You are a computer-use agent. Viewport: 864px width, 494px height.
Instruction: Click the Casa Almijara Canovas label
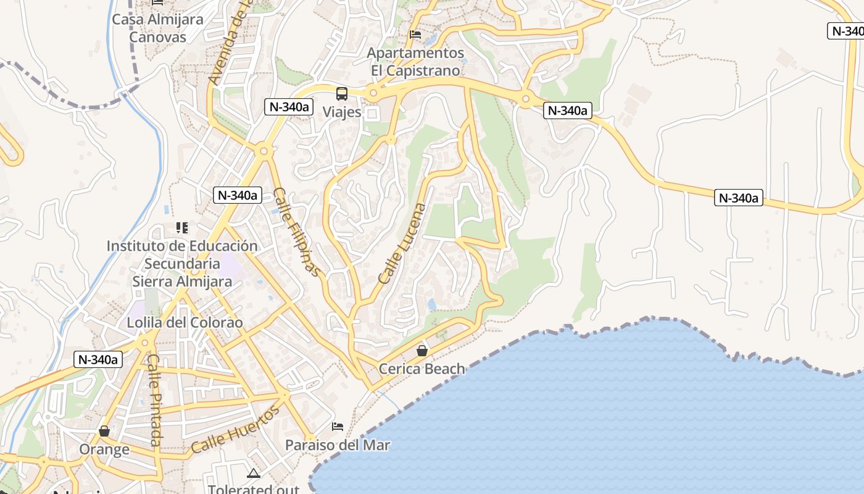[x=157, y=28]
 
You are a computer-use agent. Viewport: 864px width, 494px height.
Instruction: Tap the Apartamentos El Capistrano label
[x=415, y=61]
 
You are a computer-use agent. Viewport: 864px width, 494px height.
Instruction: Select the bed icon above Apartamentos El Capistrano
[x=415, y=34]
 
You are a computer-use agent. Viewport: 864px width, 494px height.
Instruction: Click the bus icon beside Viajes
[x=341, y=94]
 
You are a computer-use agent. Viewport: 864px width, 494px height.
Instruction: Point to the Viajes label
[x=342, y=112]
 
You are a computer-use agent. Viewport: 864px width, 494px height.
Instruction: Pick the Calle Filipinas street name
[x=297, y=232]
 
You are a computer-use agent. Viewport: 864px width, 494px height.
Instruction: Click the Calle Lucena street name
[x=402, y=244]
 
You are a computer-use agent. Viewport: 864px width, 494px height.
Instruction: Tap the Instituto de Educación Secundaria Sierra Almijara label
[x=182, y=264]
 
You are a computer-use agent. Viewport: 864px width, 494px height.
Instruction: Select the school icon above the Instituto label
[x=181, y=228]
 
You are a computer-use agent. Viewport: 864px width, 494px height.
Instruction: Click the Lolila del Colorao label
[x=185, y=323]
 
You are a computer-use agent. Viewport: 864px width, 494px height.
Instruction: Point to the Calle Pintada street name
[x=155, y=400]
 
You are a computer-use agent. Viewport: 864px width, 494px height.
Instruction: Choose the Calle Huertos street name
[x=235, y=429]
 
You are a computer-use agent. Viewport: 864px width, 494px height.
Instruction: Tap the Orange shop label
[x=104, y=449]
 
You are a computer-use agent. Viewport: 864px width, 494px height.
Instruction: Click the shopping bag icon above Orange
[x=104, y=430]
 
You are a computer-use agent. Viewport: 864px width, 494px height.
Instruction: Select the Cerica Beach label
[x=422, y=369]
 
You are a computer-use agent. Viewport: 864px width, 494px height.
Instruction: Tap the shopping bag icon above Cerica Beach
[x=422, y=351]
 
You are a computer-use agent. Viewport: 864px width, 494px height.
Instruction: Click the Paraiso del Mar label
[x=338, y=445]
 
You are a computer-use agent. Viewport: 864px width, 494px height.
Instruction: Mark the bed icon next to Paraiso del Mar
[x=338, y=427]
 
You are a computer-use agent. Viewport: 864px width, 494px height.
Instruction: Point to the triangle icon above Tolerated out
[x=253, y=474]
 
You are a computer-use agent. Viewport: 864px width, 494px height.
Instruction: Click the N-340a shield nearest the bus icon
[x=288, y=107]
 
